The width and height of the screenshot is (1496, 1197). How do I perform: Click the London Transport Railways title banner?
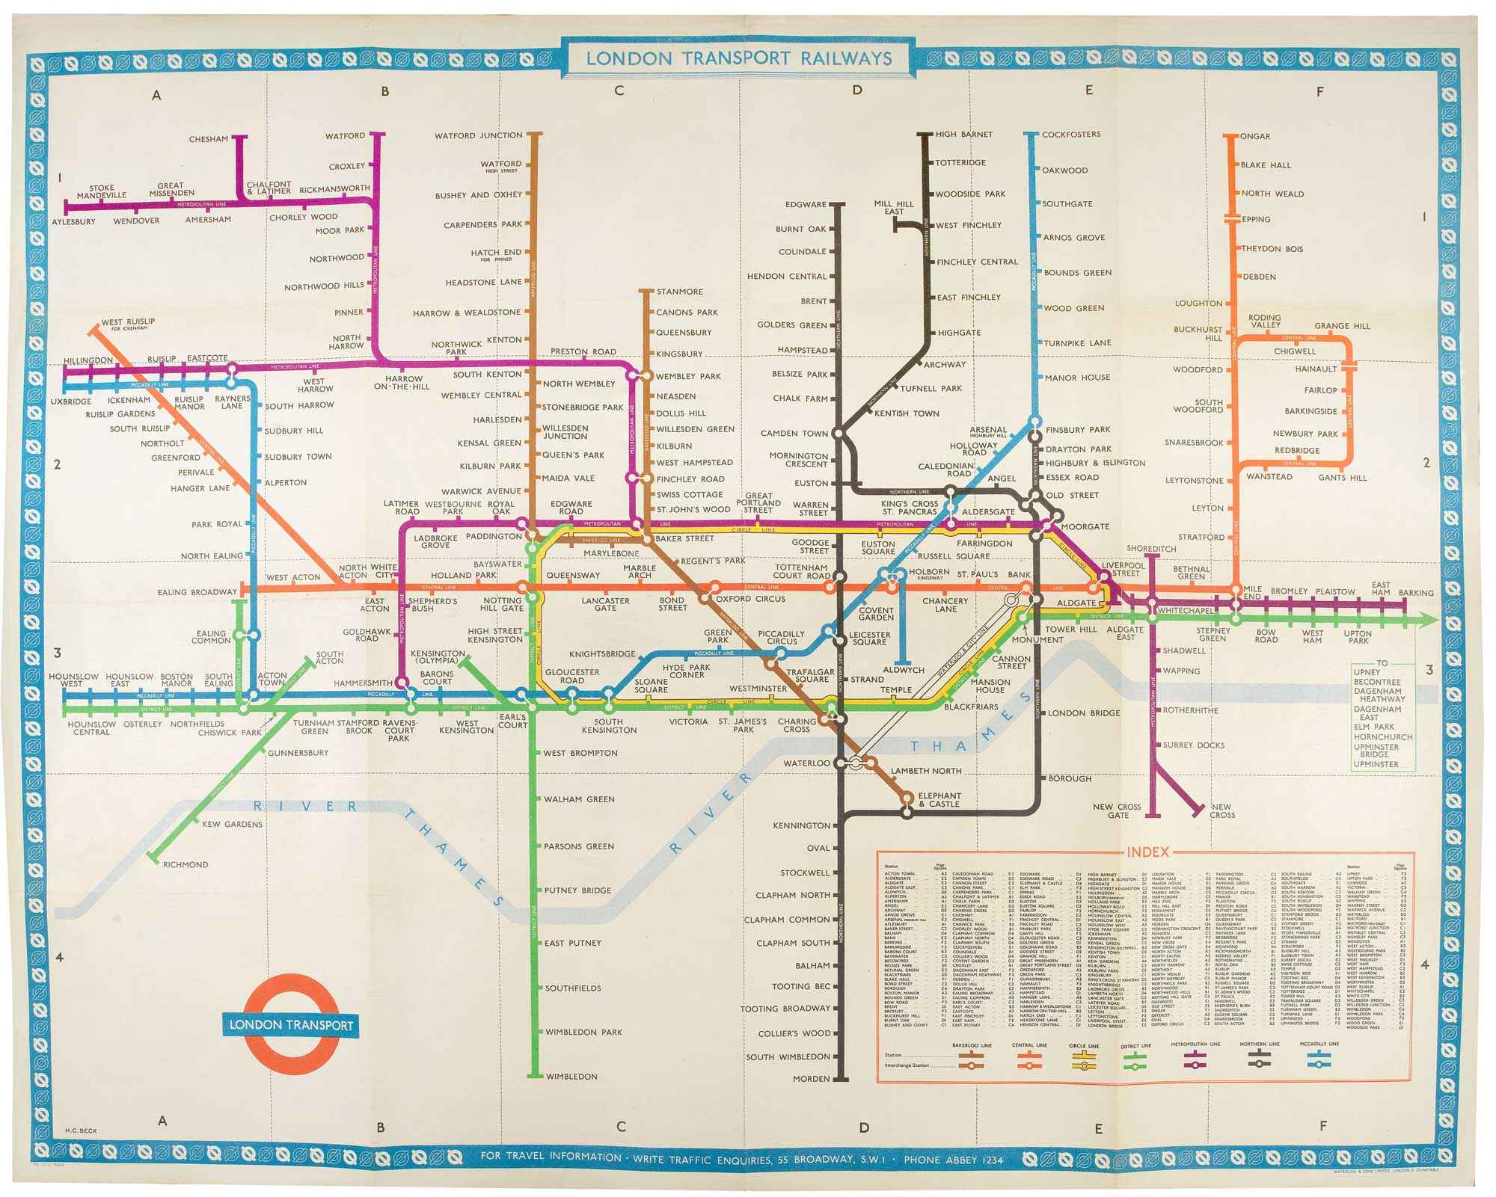tap(738, 58)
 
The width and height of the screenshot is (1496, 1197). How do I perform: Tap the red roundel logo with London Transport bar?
tap(289, 1024)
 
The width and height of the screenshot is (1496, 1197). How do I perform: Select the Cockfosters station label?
tap(1071, 135)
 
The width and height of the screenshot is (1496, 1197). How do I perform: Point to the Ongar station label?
tap(1256, 136)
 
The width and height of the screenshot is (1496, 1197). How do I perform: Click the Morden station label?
tap(812, 1079)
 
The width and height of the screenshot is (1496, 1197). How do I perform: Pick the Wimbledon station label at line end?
tap(571, 1077)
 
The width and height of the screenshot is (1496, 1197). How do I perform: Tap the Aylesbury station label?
tap(73, 221)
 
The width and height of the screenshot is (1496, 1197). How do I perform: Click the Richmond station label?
tap(186, 864)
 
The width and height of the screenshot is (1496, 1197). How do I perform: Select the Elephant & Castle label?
tap(939, 799)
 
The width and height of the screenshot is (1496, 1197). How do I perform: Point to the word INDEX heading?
tap(1147, 852)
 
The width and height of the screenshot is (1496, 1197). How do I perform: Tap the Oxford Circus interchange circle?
tap(704, 598)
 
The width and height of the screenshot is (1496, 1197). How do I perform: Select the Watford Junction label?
tap(479, 135)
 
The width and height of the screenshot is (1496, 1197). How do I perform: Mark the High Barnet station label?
tap(964, 135)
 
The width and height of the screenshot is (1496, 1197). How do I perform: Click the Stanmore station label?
tap(679, 292)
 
